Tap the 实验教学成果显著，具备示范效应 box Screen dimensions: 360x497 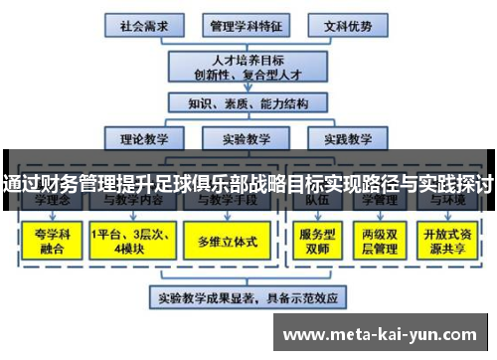click(x=246, y=296)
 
